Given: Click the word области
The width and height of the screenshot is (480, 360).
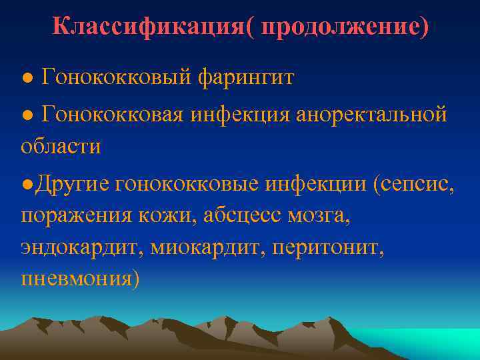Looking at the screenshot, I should pos(61,147).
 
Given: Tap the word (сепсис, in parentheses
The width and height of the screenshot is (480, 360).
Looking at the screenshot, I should pos(414,182).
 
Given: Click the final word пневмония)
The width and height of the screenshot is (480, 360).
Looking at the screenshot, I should pos(81,278).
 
